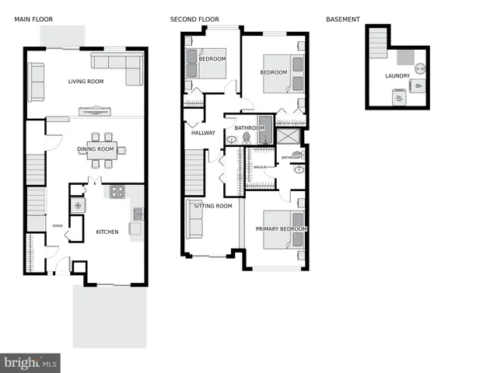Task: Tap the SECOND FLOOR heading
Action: point(194,19)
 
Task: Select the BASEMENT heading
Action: point(343,19)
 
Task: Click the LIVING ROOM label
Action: point(86,81)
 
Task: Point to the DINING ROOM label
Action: point(96,149)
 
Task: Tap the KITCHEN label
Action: point(107,232)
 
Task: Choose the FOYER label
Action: point(58,226)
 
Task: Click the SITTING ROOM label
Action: point(213,206)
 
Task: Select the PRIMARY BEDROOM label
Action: point(282,229)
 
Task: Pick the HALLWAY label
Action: point(203,133)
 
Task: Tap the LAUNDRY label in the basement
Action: point(397,76)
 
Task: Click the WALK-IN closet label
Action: point(260,167)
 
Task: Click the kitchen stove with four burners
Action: point(117,191)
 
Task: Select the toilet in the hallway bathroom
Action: point(245,138)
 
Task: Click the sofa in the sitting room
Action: point(194,220)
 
